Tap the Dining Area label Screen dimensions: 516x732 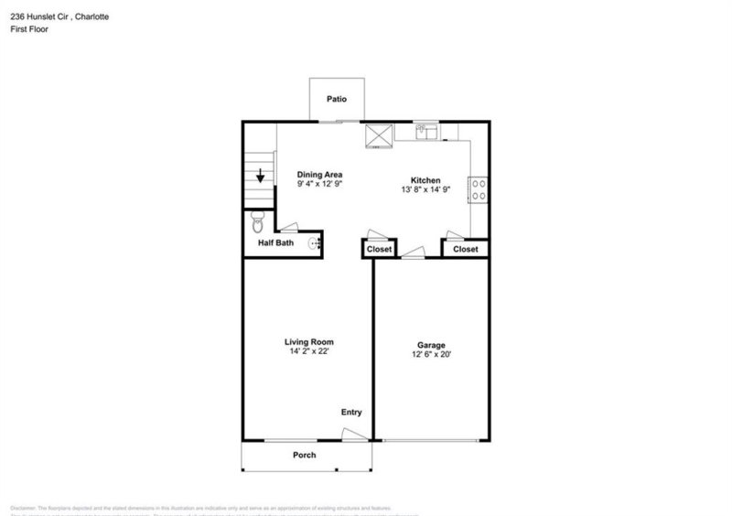tap(318, 173)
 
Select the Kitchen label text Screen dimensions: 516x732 tap(426, 180)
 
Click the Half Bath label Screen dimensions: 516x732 tap(275, 242)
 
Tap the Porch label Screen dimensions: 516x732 tap(305, 455)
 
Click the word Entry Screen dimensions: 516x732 tap(352, 413)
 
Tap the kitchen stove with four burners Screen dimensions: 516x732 tap(477, 189)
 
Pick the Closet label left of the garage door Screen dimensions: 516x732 tap(379, 249)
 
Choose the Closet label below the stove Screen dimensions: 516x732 tap(465, 249)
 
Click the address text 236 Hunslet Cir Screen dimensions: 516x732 tap(45, 15)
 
